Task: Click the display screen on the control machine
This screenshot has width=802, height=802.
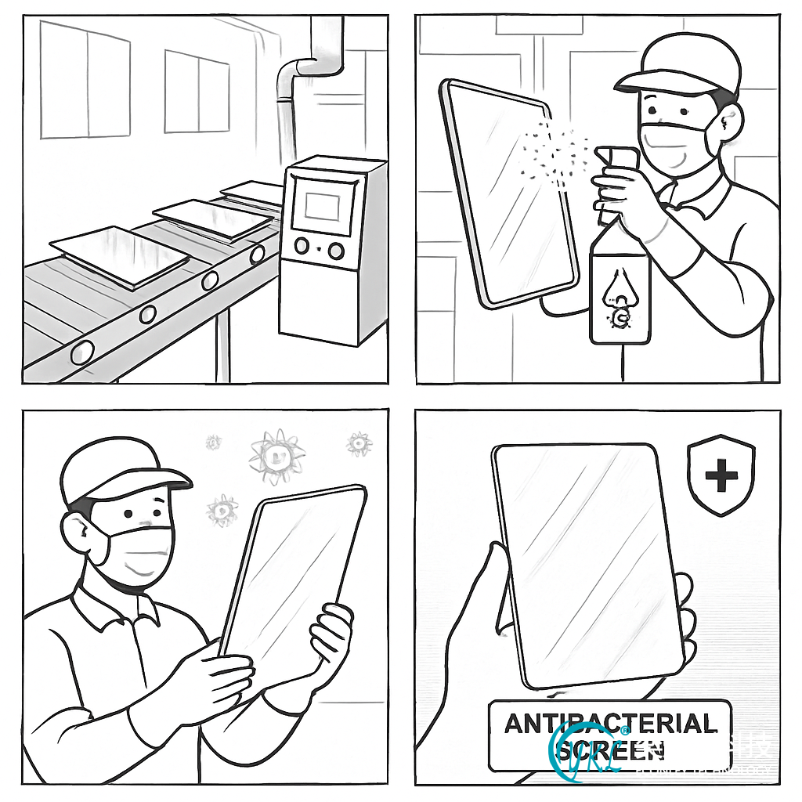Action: (x=322, y=206)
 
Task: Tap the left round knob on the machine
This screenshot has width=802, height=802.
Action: (x=302, y=247)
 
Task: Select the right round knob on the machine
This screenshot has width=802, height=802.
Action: (x=336, y=251)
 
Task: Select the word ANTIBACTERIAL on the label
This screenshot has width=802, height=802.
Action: (x=609, y=722)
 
